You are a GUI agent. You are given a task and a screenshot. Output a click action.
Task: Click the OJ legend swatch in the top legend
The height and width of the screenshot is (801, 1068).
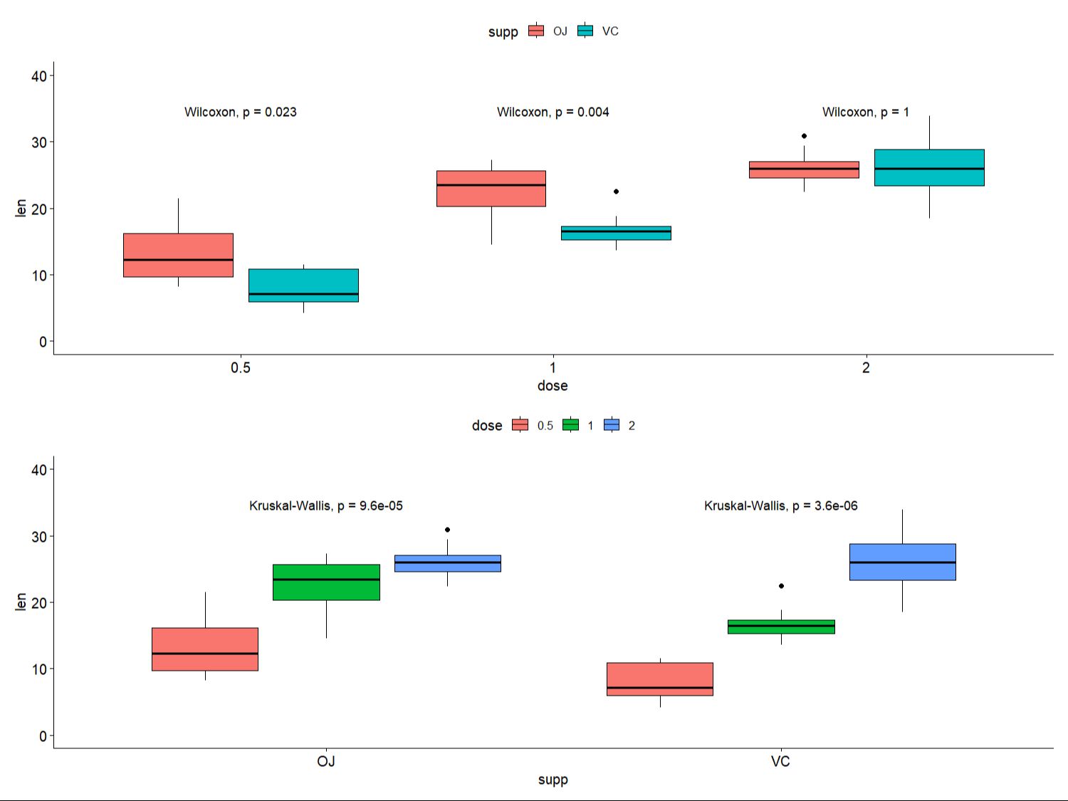(x=536, y=31)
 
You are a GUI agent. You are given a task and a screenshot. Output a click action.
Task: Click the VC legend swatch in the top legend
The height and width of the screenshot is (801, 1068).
(x=585, y=31)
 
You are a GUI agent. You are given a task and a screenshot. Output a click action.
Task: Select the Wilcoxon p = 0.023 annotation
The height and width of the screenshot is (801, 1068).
(x=241, y=112)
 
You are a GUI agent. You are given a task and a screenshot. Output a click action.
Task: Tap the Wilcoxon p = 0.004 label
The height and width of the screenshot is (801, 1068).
(x=553, y=112)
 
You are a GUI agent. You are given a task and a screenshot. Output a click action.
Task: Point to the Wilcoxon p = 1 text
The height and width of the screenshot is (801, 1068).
(x=865, y=112)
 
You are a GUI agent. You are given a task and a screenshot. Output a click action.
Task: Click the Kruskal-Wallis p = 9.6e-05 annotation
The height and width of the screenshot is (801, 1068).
(x=326, y=506)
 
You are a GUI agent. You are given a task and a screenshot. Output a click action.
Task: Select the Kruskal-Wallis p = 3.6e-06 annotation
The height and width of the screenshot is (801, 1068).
(x=781, y=506)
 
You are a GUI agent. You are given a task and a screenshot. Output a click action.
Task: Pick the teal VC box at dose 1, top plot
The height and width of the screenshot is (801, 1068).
(x=616, y=233)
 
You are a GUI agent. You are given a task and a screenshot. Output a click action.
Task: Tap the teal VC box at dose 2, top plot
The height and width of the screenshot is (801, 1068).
(x=929, y=167)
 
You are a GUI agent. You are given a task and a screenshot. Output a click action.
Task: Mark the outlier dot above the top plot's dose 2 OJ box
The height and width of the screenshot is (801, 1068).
(x=804, y=136)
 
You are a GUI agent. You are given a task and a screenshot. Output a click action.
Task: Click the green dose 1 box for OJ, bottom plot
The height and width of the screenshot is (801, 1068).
(x=326, y=582)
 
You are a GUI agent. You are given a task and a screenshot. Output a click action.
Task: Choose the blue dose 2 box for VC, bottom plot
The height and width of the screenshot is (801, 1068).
(x=902, y=562)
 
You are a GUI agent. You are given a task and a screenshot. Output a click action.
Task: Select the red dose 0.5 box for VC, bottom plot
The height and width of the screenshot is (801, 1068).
(x=660, y=679)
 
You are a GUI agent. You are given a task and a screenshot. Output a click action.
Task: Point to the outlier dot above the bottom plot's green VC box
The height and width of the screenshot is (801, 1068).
(x=781, y=586)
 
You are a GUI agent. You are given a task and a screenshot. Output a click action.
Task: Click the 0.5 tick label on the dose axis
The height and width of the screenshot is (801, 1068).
(x=241, y=367)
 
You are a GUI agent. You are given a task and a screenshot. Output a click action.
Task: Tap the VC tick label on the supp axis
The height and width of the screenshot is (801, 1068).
(x=780, y=761)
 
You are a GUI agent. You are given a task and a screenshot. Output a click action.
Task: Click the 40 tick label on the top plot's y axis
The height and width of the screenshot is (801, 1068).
(x=39, y=76)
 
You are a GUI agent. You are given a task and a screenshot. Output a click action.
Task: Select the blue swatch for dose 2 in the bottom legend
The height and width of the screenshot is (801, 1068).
(x=612, y=425)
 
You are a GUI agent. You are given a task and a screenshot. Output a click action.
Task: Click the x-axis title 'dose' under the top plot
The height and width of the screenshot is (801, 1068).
(x=553, y=385)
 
